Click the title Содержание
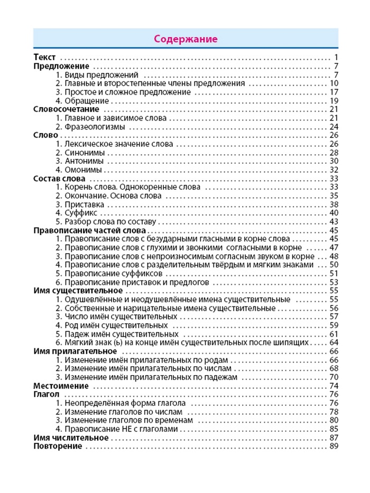click(x=185, y=39)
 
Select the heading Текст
click(x=44, y=57)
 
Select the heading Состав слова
click(x=59, y=179)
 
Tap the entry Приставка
click(x=82, y=204)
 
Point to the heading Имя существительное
click(x=78, y=291)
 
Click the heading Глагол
click(x=46, y=395)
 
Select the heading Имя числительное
click(x=71, y=438)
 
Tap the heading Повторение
click(x=58, y=447)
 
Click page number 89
click(x=333, y=447)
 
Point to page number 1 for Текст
click(x=335, y=57)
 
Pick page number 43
click(x=333, y=222)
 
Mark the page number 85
click(x=333, y=430)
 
